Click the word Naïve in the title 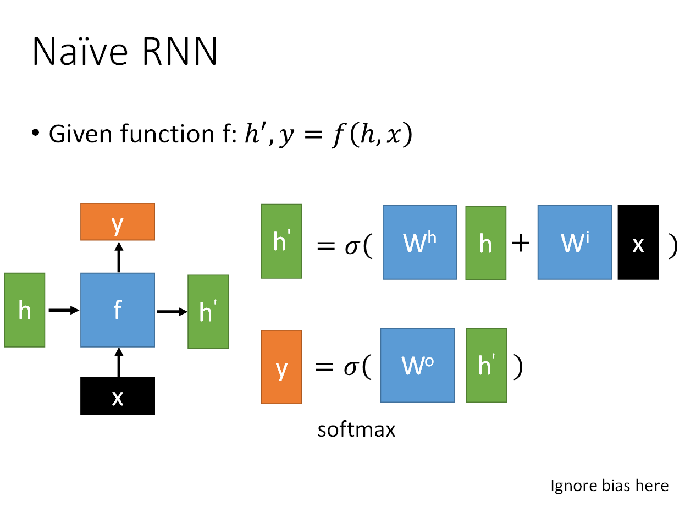(x=80, y=51)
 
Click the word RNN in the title (x=180, y=51)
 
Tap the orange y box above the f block (x=118, y=222)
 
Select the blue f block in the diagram (x=118, y=310)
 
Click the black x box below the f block (x=118, y=396)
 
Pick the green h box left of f (x=25, y=310)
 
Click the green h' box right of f (x=208, y=312)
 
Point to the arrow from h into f (x=64, y=310)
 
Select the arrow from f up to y (x=119, y=257)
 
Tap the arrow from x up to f (x=119, y=362)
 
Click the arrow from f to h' (x=172, y=312)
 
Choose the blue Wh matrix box (x=420, y=243)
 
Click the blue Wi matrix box (x=575, y=243)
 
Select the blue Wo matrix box (x=417, y=366)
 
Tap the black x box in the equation (x=638, y=243)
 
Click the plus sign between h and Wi (x=521, y=243)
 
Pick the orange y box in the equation (x=281, y=367)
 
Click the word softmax (x=356, y=430)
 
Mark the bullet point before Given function (x=36, y=133)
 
